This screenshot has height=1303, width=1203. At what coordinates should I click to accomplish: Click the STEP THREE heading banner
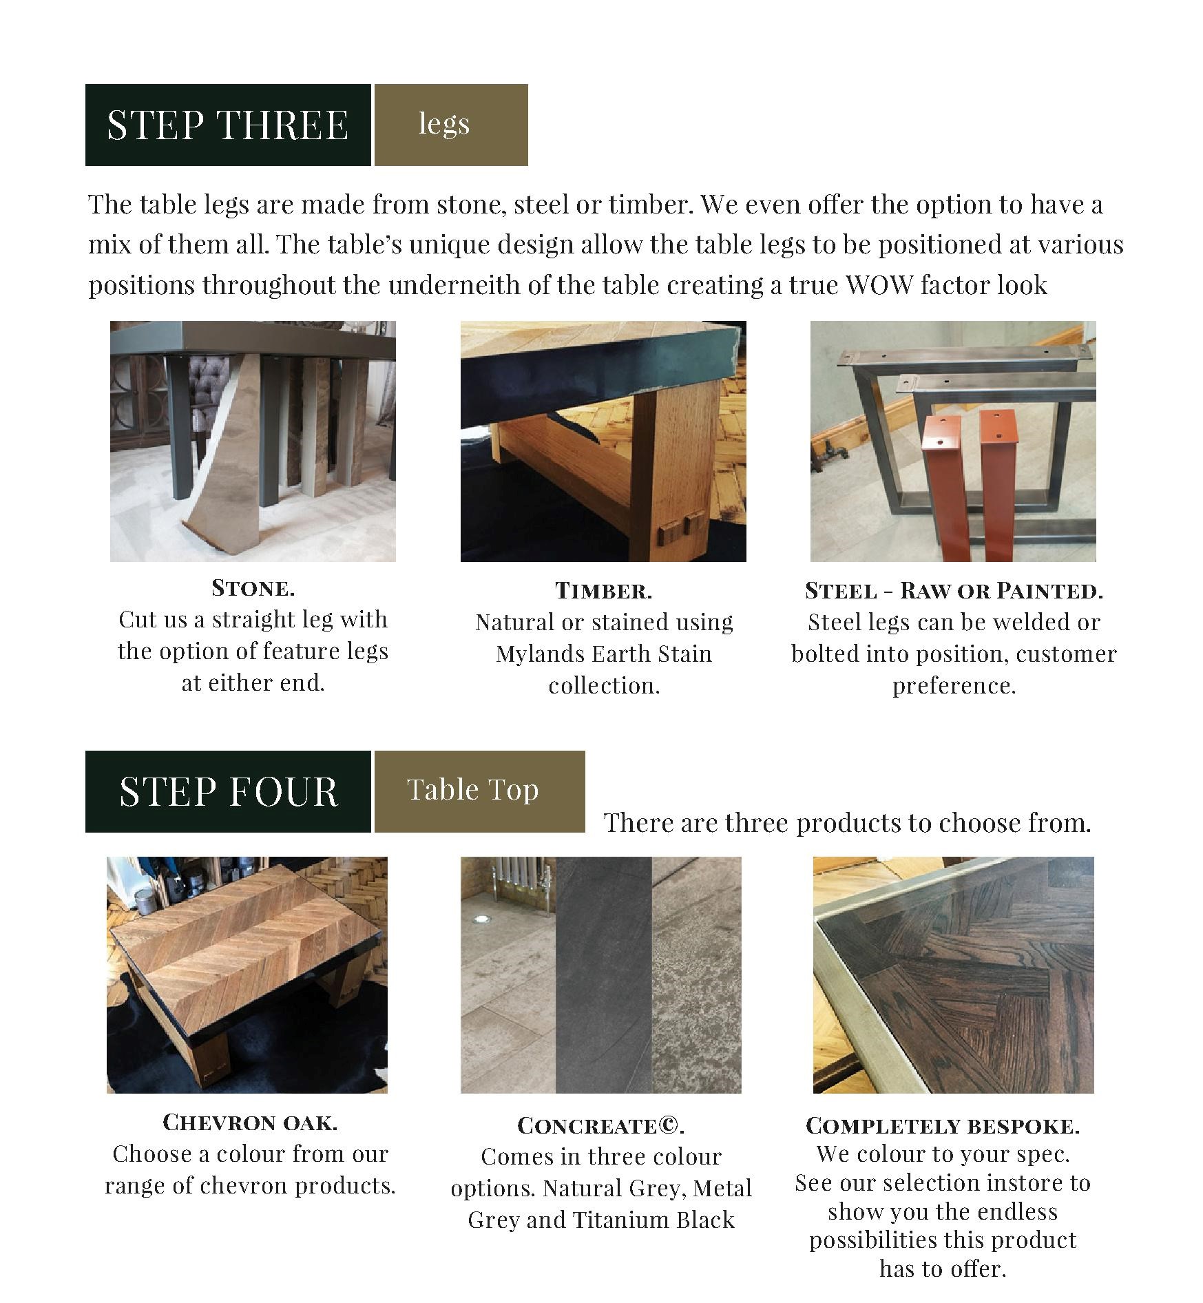click(x=227, y=125)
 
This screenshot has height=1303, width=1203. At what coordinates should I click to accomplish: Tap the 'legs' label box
click(x=450, y=125)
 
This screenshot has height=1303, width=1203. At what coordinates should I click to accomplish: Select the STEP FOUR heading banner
click(x=227, y=791)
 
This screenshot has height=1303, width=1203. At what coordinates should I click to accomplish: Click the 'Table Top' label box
click(x=479, y=791)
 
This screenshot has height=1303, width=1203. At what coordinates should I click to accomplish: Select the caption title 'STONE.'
click(x=253, y=588)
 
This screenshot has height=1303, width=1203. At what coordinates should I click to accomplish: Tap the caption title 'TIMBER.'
click(x=603, y=591)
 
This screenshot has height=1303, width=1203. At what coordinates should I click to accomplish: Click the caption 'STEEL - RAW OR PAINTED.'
click(x=954, y=591)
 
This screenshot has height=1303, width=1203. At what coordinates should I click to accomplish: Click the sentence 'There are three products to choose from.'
click(x=847, y=823)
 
